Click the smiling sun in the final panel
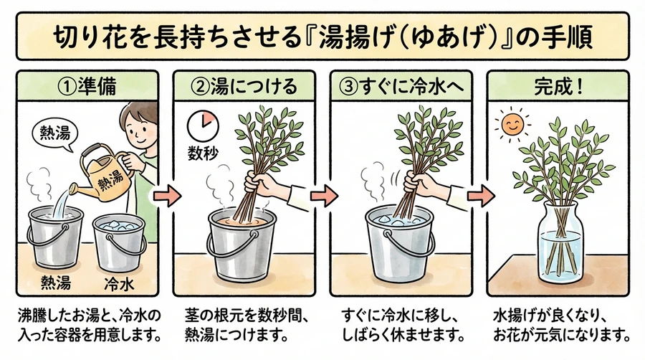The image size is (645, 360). [x=512, y=125]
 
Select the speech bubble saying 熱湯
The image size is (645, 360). [x=54, y=134]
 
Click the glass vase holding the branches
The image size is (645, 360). [x=562, y=242]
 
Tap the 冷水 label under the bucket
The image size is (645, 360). [x=119, y=283]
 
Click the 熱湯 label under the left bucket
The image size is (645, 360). [x=55, y=283]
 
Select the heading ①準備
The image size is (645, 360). [x=87, y=86]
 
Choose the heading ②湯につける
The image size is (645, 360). [x=244, y=86]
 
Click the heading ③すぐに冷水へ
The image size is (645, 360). [x=401, y=86]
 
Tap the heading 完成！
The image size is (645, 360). [x=558, y=86]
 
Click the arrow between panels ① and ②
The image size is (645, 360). [x=167, y=196]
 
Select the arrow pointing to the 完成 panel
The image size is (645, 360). [x=481, y=196]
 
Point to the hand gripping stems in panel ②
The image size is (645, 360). [x=263, y=184]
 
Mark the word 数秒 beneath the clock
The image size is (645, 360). [x=203, y=154]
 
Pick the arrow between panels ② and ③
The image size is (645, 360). [x=324, y=196]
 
